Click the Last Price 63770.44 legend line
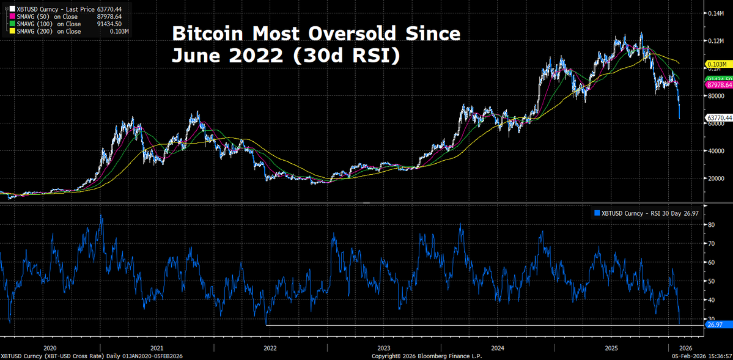67,9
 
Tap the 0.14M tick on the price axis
715,13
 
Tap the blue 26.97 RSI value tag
715,325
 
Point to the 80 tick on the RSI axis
711,225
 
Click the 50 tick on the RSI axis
711,281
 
